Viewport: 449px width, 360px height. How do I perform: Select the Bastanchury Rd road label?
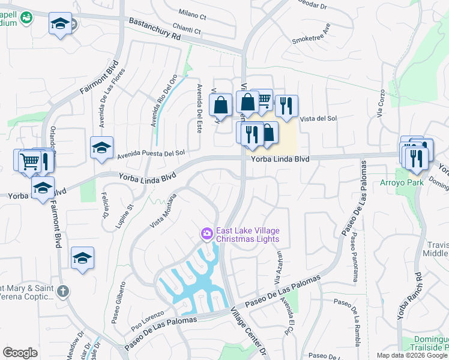(x=154, y=29)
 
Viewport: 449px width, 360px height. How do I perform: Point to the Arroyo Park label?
(x=399, y=182)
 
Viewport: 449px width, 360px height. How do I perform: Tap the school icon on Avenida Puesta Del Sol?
(x=101, y=147)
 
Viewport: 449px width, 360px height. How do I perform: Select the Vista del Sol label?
(x=318, y=119)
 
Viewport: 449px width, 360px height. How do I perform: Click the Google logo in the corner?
(x=20, y=353)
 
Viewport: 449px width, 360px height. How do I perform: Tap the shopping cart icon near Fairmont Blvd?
(x=29, y=161)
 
